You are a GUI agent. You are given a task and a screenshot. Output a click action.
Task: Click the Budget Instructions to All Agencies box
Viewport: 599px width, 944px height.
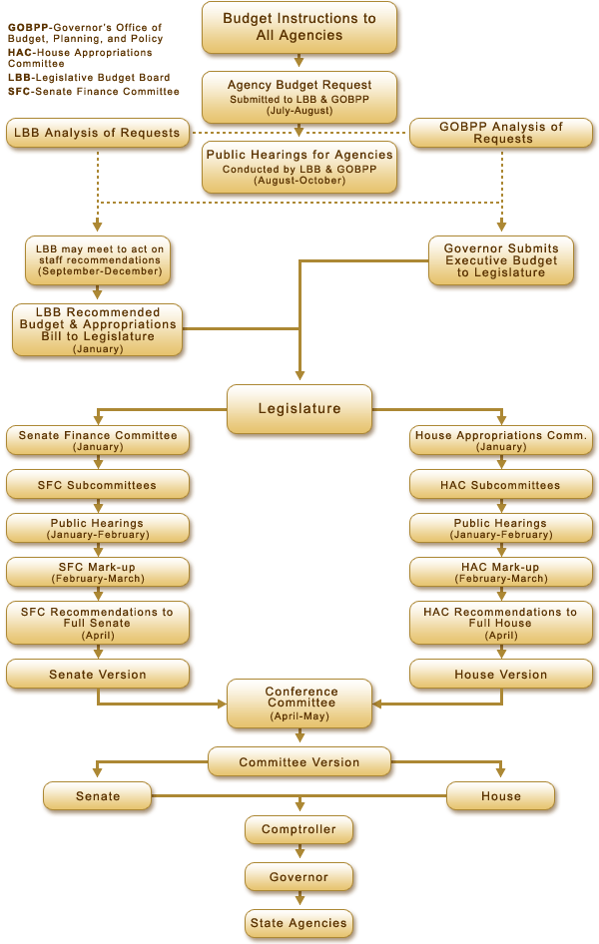click(x=299, y=27)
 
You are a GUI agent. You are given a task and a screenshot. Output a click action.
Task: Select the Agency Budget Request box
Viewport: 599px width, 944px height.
click(x=299, y=98)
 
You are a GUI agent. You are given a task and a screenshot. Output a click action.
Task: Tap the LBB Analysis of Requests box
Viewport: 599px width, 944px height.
click(x=98, y=133)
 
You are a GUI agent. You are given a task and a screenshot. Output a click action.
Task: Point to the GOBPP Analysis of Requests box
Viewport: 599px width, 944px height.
click(x=502, y=133)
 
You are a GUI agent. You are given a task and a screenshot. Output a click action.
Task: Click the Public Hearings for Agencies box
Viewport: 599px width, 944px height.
click(x=299, y=167)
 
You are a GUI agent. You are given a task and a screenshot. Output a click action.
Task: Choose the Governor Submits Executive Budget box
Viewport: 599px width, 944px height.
click(x=501, y=259)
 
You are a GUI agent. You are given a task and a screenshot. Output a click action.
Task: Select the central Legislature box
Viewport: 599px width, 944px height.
click(x=299, y=409)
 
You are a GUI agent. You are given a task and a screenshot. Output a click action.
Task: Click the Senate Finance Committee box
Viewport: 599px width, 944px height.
click(x=98, y=440)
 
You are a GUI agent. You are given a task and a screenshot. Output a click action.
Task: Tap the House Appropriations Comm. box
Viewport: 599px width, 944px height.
click(x=501, y=440)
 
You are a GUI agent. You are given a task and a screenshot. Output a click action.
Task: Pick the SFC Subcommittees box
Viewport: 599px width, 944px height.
click(x=98, y=485)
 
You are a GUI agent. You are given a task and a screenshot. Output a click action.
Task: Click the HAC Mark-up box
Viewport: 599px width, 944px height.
click(x=501, y=572)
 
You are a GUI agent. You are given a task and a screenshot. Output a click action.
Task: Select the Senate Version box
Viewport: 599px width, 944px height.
click(x=98, y=675)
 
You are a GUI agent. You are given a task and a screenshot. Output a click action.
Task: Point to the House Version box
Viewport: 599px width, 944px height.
click(x=501, y=675)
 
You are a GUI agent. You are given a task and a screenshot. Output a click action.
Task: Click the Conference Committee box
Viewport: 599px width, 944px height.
click(x=300, y=703)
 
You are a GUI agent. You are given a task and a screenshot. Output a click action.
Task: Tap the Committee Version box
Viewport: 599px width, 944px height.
click(x=299, y=762)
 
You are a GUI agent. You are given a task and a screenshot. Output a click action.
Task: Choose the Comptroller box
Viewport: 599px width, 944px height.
click(x=299, y=829)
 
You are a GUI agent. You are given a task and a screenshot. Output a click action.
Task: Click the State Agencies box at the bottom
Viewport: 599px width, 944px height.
click(x=299, y=923)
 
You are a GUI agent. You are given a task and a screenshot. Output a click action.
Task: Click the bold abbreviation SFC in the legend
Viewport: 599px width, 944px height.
click(x=19, y=92)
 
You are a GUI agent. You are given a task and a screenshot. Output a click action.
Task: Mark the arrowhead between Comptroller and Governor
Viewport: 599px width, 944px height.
click(x=299, y=854)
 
